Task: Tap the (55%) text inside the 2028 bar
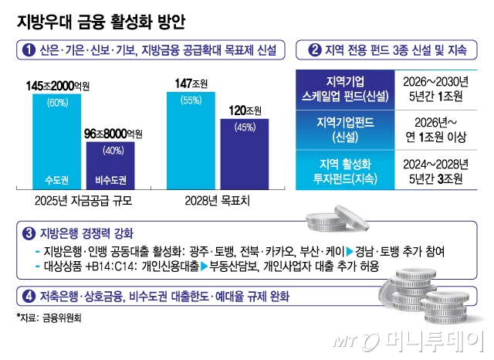click(x=190, y=101)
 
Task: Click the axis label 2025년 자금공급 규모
click(x=83, y=200)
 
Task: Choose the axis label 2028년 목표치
click(x=218, y=200)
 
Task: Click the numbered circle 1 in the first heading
click(x=29, y=51)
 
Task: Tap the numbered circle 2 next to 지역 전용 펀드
click(x=315, y=51)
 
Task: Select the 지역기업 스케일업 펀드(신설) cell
click(x=345, y=87)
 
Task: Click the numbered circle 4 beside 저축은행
click(x=29, y=295)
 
